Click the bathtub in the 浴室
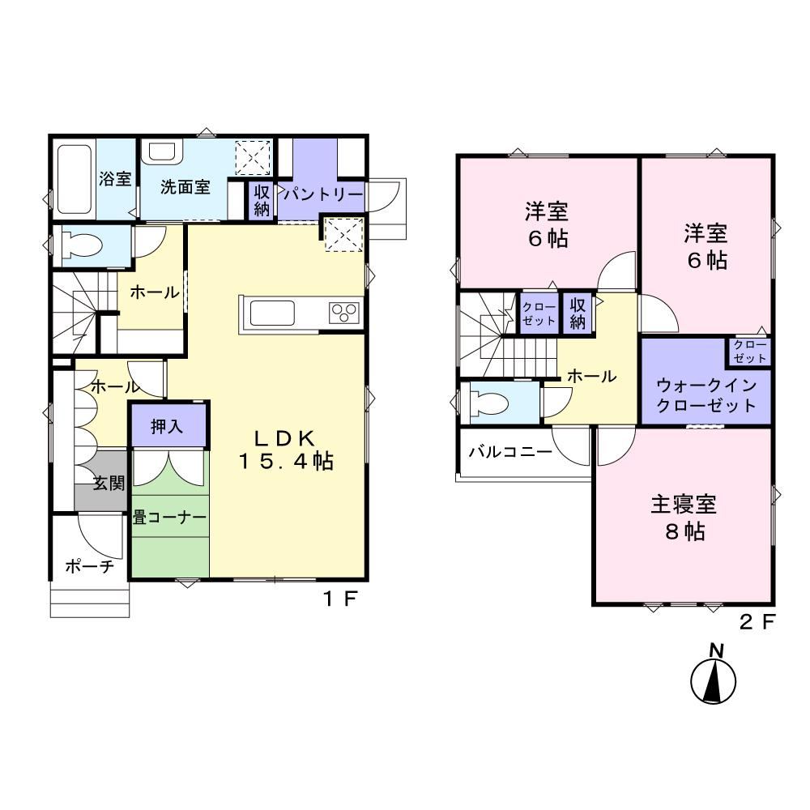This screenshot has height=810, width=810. (x=75, y=179)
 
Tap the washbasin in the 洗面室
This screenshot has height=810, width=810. (x=163, y=152)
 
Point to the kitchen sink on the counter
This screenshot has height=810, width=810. (x=272, y=313)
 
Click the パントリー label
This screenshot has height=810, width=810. (x=323, y=194)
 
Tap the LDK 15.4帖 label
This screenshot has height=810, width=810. (x=286, y=450)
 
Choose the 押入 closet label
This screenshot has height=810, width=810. (x=167, y=426)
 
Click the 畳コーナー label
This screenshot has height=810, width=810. (x=169, y=517)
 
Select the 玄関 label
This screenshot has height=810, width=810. (x=109, y=483)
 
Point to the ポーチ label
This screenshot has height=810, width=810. (x=89, y=566)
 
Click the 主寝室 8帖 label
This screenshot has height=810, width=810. (x=684, y=518)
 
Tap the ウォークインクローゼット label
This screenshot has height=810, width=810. (x=706, y=395)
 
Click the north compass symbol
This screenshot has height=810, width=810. (x=714, y=676)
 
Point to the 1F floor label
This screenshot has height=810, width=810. (x=340, y=599)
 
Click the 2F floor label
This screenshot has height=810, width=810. (x=757, y=622)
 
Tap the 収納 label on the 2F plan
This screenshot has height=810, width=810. (x=578, y=313)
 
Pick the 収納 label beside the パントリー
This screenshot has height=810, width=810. (x=262, y=200)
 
